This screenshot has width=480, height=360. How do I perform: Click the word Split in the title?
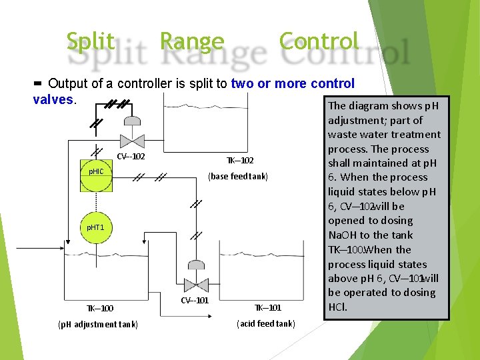pyautogui.click(x=90, y=41)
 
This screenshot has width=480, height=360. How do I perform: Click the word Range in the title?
pyautogui.click(x=192, y=41)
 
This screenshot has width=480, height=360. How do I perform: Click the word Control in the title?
pyautogui.click(x=319, y=41)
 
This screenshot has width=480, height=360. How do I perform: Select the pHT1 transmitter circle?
pyautogui.click(x=96, y=227)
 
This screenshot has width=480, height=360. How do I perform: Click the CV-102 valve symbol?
pyautogui.click(x=132, y=140)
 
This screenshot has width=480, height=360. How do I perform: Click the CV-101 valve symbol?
pyautogui.click(x=196, y=285)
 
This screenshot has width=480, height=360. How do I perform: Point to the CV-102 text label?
pyautogui.click(x=131, y=157)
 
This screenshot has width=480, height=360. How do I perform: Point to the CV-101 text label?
pyautogui.click(x=195, y=300)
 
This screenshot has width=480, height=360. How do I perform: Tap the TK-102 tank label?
pyautogui.click(x=240, y=161)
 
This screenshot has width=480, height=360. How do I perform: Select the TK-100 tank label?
pyautogui.click(x=99, y=308)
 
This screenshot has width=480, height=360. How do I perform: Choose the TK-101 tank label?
pyautogui.click(x=267, y=307)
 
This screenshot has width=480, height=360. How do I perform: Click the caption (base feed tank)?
pyautogui.click(x=238, y=177)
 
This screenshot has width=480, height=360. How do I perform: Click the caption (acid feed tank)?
pyautogui.click(x=265, y=324)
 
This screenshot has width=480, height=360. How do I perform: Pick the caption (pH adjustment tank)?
pyautogui.click(x=98, y=325)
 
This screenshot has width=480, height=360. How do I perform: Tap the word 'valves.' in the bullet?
pyautogui.click(x=55, y=99)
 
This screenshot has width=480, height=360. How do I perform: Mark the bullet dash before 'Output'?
pyautogui.click(x=37, y=83)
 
